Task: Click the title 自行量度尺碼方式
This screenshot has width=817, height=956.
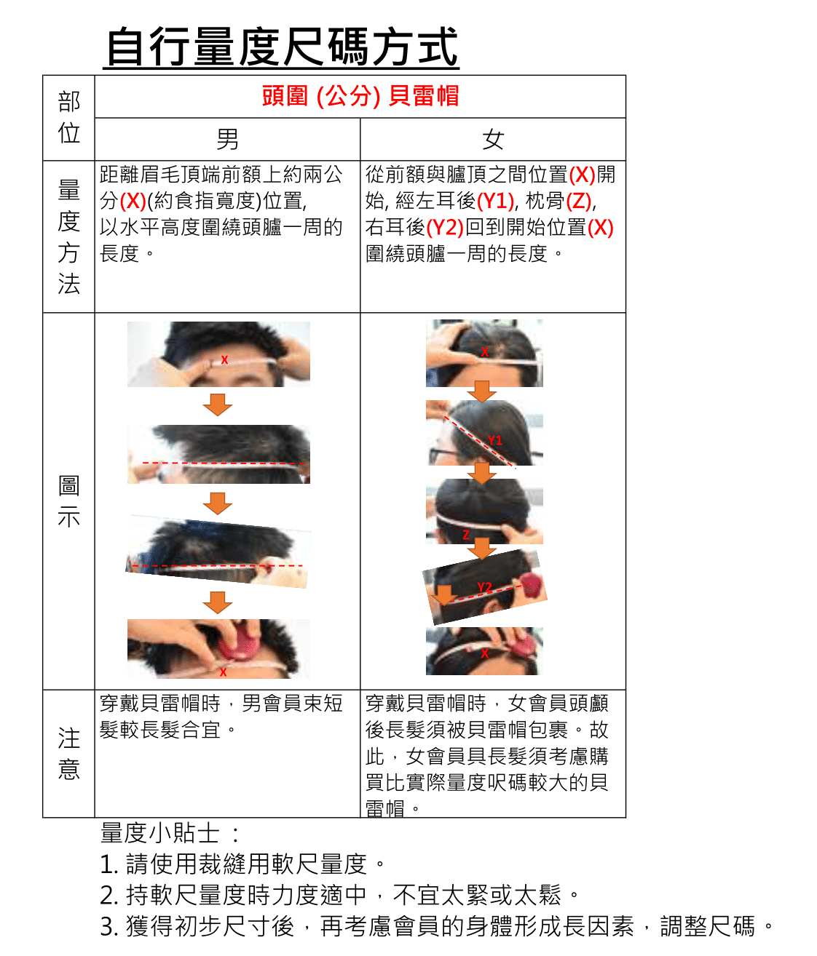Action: coord(281,47)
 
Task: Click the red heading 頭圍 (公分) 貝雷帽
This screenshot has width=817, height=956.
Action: coord(360,96)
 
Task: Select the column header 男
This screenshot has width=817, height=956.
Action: coord(227,139)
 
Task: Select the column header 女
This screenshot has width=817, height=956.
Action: coord(493,139)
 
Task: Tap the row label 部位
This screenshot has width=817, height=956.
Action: coord(68,117)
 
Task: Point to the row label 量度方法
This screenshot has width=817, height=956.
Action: coord(68,236)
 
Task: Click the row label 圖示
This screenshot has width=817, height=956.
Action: coord(68,501)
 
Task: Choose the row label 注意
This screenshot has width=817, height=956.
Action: coord(68,754)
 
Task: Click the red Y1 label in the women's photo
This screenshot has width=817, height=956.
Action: coord(495,440)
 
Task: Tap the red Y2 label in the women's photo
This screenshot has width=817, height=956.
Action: coord(484,587)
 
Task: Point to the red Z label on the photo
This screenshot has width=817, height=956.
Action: coord(466,535)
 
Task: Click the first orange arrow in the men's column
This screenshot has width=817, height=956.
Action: coord(218,405)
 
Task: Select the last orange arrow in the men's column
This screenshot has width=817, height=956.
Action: coord(218,602)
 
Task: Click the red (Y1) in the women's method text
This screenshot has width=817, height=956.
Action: coord(496,201)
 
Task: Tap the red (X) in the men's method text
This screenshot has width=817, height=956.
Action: coord(133,201)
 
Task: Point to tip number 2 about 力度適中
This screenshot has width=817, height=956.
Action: coord(339,894)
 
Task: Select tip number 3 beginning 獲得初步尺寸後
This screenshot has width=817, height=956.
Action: coord(437,926)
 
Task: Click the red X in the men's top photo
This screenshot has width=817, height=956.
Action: coord(224,359)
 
